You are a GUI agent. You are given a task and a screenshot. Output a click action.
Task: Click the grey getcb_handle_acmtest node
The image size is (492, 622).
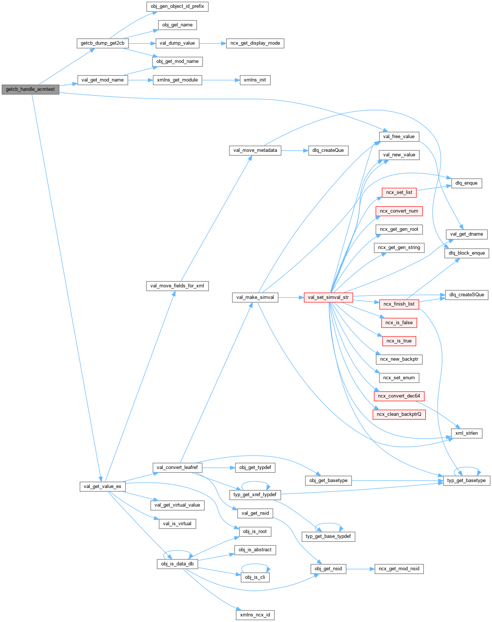(30, 89)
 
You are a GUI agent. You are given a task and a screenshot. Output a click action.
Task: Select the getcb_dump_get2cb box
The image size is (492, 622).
(102, 43)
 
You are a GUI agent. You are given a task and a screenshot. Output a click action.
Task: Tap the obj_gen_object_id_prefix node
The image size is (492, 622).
(177, 6)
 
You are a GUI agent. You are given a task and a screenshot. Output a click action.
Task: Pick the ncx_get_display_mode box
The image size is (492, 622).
(255, 43)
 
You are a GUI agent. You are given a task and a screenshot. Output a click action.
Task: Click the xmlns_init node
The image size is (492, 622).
(255, 80)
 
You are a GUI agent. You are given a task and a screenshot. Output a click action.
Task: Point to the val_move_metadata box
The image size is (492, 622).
(255, 150)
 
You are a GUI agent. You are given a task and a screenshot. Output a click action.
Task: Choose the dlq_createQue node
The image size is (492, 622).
(328, 150)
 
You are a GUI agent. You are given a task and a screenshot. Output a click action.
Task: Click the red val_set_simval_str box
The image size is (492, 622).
(328, 297)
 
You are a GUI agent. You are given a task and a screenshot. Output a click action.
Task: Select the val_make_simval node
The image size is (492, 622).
(255, 297)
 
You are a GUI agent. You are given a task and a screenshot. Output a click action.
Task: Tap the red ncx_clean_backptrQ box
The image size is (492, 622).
(399, 414)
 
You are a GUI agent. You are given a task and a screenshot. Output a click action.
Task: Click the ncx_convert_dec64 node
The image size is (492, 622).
(399, 396)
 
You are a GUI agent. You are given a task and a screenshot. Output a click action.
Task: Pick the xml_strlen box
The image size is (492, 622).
(466, 433)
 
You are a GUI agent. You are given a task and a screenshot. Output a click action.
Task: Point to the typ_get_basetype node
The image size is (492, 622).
(466, 481)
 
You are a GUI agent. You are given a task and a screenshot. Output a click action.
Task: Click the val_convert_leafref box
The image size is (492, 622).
(177, 468)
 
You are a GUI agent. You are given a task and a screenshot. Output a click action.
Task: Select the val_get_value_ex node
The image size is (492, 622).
(102, 487)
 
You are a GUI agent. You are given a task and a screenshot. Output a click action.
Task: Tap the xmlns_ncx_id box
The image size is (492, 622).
(255, 615)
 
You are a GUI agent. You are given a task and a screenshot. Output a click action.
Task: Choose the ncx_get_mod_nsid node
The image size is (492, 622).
(399, 569)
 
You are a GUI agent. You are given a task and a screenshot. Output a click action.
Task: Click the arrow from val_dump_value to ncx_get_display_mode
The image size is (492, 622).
(213, 43)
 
